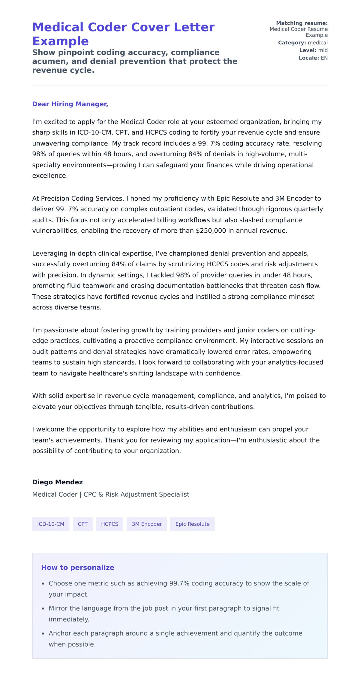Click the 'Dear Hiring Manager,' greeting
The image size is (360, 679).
pyautogui.click(x=70, y=104)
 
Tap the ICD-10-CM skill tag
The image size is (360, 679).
pyautogui.click(x=51, y=524)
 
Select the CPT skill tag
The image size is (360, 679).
pyautogui.click(x=82, y=524)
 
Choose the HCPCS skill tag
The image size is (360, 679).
pyautogui.click(x=109, y=524)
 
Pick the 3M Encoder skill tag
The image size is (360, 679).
pyautogui.click(x=147, y=524)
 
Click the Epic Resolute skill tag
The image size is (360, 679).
pyautogui.click(x=192, y=524)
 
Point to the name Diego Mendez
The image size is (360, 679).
pyautogui.click(x=57, y=482)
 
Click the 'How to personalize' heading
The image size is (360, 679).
pyautogui.click(x=78, y=567)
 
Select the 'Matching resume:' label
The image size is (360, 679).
pyautogui.click(x=301, y=23)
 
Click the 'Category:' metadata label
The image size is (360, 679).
pyautogui.click(x=292, y=43)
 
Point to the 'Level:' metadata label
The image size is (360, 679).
pyautogui.click(x=307, y=50)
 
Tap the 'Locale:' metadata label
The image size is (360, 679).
pyautogui.click(x=308, y=58)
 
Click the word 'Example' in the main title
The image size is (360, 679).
pyautogui.click(x=60, y=41)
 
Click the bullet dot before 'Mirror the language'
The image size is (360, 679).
pyautogui.click(x=43, y=609)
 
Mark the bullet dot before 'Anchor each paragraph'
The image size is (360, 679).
pyautogui.click(x=43, y=633)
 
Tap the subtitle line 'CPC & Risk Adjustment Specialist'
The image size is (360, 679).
pyautogui.click(x=136, y=494)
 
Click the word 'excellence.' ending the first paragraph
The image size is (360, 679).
pyautogui.click(x=50, y=176)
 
